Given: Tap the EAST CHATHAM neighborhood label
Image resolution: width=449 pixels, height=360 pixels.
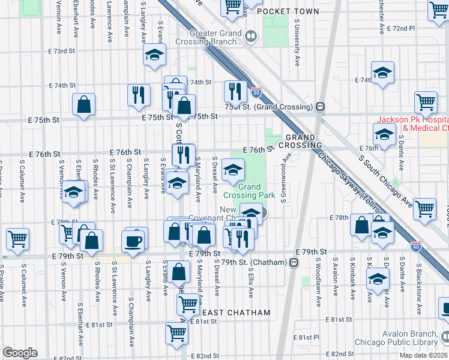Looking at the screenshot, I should (x=235, y=313).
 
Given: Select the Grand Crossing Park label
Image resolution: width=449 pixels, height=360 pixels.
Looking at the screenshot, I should (x=249, y=191).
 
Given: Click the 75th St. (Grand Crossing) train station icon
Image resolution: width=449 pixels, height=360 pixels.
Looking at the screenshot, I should (x=321, y=107).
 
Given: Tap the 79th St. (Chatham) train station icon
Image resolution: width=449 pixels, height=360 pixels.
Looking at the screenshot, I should (x=294, y=262).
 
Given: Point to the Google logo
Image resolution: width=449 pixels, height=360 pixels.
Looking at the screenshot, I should (x=20, y=353).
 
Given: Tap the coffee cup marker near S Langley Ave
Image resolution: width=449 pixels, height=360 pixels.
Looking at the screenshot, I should (x=133, y=241).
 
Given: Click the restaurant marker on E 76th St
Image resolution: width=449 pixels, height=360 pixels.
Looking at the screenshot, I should (x=184, y=155).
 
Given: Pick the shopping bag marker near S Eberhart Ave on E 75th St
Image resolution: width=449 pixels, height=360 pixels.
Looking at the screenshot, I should (x=83, y=104).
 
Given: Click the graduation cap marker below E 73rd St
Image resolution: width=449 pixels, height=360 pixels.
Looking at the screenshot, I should (x=154, y=55).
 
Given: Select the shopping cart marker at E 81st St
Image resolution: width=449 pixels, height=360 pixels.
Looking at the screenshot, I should (x=176, y=332).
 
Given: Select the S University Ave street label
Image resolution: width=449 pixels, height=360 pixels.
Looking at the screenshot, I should (x=297, y=41).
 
